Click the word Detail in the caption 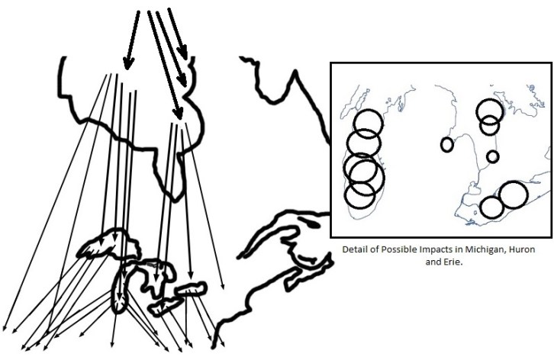pos(352,249)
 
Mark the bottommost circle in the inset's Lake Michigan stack pos(359,195)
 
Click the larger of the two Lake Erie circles pos(514,194)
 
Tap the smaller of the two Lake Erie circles pos(491,207)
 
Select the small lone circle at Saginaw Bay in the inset pos(447,144)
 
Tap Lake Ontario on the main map pos(191,288)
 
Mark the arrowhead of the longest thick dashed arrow pos(178,114)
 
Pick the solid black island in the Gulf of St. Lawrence pos(311,223)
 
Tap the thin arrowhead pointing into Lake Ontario pos(190,275)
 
